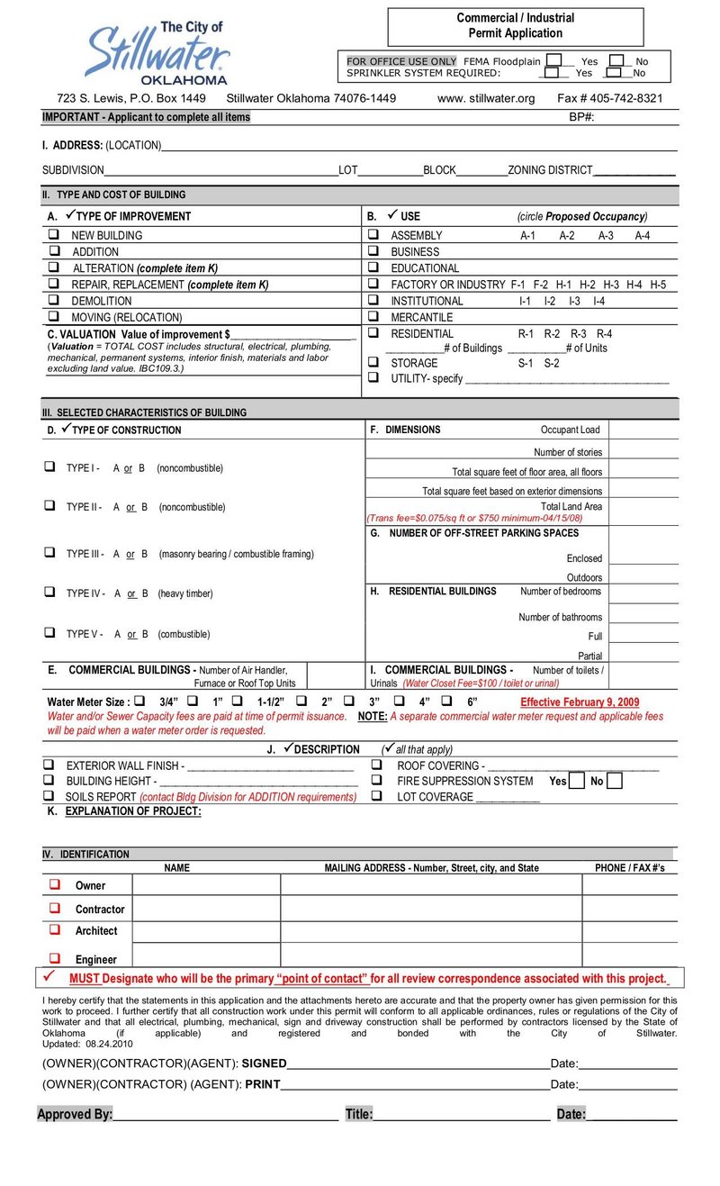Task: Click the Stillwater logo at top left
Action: [x=158, y=53]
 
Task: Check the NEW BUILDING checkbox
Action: [x=55, y=235]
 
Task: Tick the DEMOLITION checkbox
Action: [x=55, y=301]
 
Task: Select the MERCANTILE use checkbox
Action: [x=373, y=317]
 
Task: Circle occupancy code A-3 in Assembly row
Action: [x=606, y=235]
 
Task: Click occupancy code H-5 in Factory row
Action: [x=658, y=285]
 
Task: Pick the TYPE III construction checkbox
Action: [x=49, y=553]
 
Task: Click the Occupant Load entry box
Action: [x=643, y=430]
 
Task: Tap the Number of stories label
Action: [x=568, y=452]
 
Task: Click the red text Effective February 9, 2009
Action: [x=580, y=702]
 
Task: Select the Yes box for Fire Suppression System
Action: [x=577, y=781]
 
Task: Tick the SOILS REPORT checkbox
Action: [x=49, y=797]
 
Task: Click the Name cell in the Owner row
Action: [x=206, y=885]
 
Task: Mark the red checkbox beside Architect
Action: [x=55, y=929]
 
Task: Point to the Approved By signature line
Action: [x=225, y=1116]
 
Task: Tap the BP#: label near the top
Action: [x=581, y=117]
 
